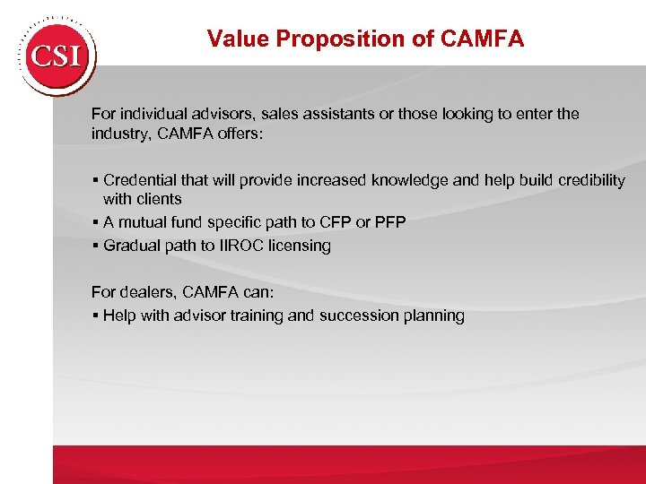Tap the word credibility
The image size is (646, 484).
(587, 180)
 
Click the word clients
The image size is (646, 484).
(160, 199)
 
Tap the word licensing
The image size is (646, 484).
(301, 246)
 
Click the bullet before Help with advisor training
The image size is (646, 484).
(94, 315)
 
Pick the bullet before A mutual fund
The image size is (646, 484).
(94, 222)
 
